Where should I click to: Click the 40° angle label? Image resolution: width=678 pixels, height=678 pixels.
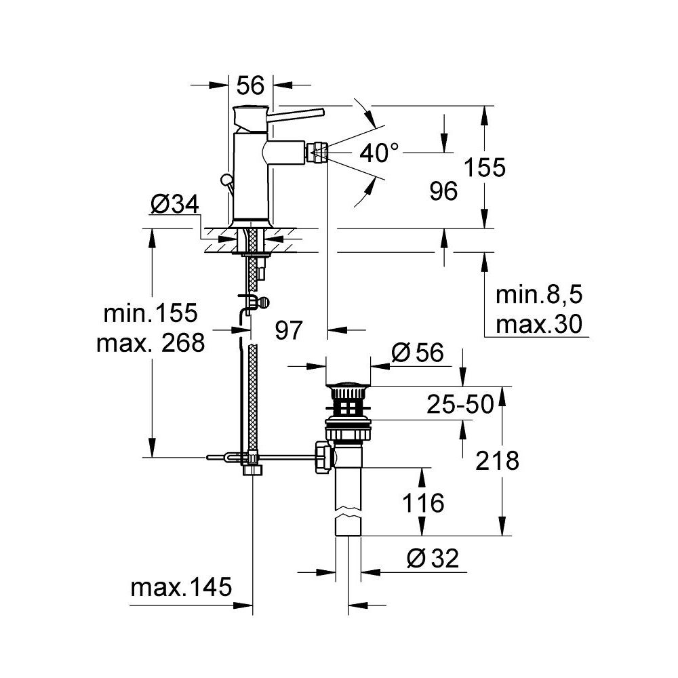coord(379,154)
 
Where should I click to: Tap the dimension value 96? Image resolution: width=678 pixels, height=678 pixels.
coord(444,191)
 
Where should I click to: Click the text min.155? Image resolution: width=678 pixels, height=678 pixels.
coord(151,313)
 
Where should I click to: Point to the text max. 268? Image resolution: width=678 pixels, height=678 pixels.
coord(151,344)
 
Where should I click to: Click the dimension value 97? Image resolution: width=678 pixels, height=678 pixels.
coord(288,330)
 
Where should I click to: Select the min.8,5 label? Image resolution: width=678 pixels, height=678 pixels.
coord(539,296)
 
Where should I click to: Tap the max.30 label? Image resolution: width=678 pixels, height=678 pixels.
coord(539,325)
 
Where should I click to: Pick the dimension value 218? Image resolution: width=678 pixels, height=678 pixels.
coord(498,461)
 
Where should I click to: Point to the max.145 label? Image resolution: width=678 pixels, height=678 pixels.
coord(181,586)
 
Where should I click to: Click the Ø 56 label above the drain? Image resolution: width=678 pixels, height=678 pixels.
coord(418,353)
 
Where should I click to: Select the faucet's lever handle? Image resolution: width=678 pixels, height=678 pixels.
coord(298,112)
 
